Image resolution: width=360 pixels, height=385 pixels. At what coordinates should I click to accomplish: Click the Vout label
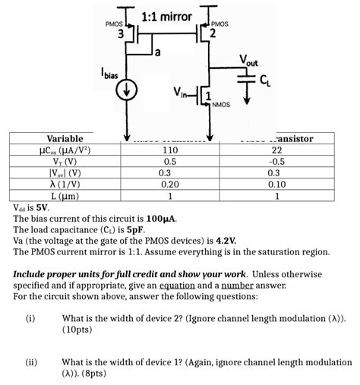[248, 60]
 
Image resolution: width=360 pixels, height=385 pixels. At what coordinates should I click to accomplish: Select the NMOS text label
[221, 104]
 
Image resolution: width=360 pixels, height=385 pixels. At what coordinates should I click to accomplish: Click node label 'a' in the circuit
[157, 52]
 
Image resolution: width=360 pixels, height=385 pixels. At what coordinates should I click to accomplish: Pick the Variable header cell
[65, 139]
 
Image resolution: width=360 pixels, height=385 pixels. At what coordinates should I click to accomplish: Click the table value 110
[170, 150]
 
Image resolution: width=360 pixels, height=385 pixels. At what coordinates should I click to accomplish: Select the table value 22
[276, 150]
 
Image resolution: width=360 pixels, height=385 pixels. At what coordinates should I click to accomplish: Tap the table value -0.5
[276, 161]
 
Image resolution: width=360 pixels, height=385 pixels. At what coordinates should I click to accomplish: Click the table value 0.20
[170, 183]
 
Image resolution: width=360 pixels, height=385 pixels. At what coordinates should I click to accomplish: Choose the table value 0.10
[276, 183]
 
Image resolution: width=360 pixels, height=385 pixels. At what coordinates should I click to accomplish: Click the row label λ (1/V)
[65, 183]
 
